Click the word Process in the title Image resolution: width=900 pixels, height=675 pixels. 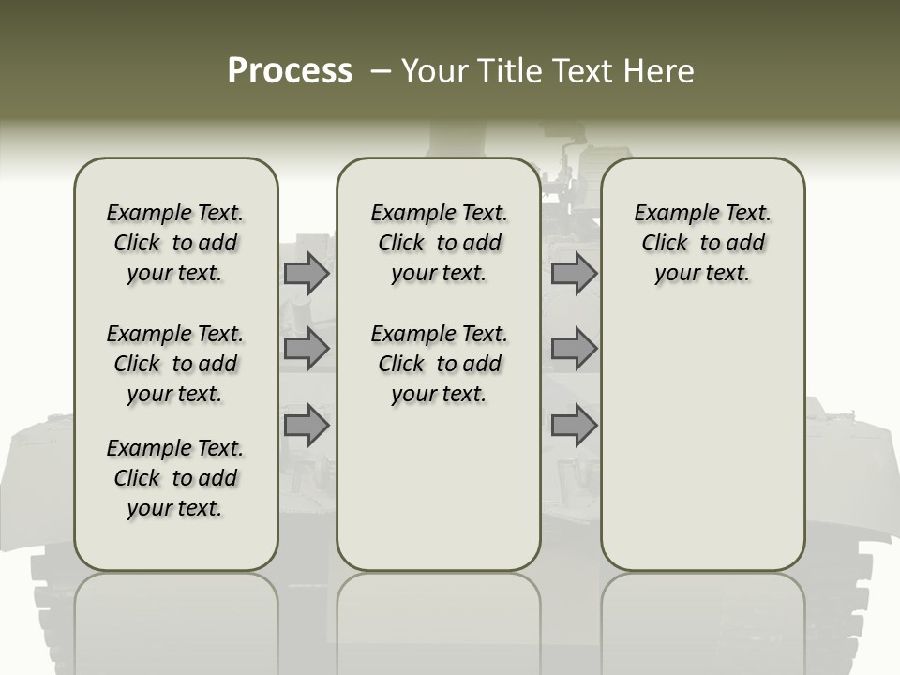point(290,71)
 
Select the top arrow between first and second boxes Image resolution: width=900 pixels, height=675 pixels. point(307,274)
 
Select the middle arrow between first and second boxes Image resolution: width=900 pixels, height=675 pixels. point(307,349)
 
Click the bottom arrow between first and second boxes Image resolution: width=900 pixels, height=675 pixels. point(307,425)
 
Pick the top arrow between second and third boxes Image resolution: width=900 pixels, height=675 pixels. point(574,274)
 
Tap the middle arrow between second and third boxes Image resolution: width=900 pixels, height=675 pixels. point(574,349)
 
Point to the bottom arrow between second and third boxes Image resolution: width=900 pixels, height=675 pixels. point(574,425)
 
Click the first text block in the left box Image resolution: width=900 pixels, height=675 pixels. point(175,243)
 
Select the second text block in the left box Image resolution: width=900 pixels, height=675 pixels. point(175,364)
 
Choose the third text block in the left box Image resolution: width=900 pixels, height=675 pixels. point(175,478)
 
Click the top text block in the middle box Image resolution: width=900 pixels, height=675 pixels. point(439,243)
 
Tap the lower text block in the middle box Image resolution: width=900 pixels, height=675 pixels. point(439,364)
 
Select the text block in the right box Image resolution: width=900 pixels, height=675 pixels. point(702,243)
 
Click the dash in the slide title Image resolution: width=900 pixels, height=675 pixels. point(381,71)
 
